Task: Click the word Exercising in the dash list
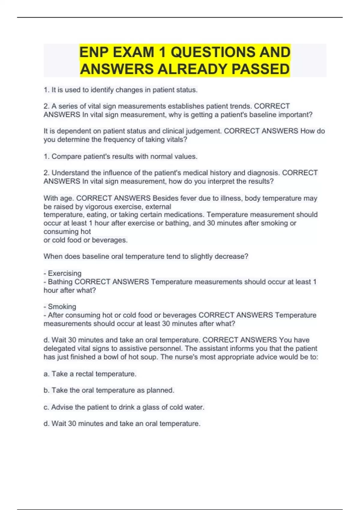pyautogui.click(x=64, y=273)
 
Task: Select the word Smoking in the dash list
pyautogui.click(x=62, y=307)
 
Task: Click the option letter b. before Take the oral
pyautogui.click(x=46, y=390)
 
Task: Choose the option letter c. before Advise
pyautogui.click(x=46, y=407)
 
